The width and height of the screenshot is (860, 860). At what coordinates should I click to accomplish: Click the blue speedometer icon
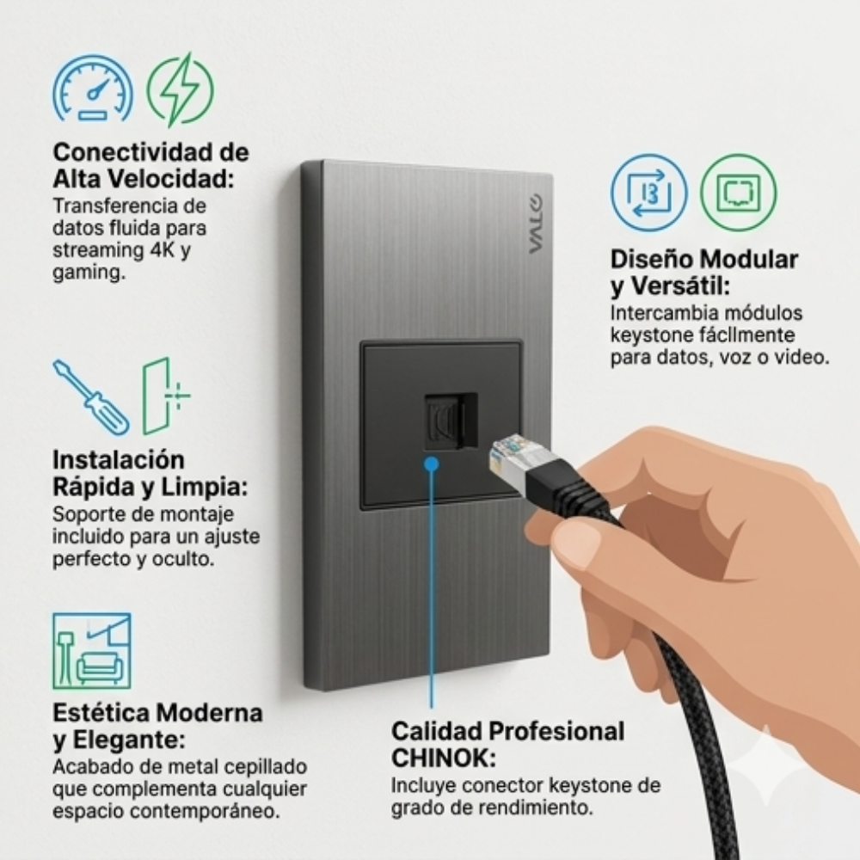coord(93,89)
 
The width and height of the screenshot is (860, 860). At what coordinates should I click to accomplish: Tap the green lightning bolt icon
coord(181,89)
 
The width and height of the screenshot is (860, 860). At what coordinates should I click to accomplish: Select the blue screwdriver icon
coord(91,396)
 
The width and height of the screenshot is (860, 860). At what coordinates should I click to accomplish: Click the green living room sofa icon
coord(92,650)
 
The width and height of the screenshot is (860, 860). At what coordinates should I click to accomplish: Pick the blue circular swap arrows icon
coord(648,193)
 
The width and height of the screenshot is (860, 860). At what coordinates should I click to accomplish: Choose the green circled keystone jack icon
coord(738,193)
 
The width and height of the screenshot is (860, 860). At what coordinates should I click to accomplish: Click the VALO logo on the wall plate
coord(535,224)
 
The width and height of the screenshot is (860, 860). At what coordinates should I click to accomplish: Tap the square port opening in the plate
coord(451,421)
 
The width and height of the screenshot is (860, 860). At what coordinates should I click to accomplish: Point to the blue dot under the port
coord(432,464)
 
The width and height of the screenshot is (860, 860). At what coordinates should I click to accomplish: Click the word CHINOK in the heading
coord(444,759)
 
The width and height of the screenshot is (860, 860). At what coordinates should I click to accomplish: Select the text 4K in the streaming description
coord(163,250)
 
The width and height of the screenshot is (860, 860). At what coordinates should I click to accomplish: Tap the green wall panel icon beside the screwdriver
coord(166,396)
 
